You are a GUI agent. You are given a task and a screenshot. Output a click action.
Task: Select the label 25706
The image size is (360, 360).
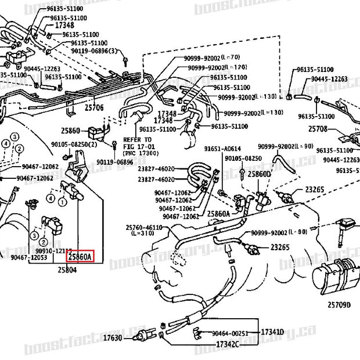click(x=94, y=107)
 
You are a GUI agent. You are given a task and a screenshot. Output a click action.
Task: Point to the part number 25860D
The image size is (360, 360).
click(x=259, y=174)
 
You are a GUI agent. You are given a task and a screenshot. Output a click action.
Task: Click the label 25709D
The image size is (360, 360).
click(x=339, y=304)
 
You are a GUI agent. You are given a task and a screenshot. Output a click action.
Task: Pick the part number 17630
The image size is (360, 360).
click(x=113, y=337)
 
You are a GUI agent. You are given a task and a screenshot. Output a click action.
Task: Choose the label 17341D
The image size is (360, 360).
click(x=272, y=332)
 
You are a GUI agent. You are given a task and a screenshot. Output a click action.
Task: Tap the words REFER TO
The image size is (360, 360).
click(x=137, y=140)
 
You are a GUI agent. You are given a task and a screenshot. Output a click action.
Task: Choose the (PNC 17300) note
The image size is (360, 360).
click(x=140, y=153)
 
